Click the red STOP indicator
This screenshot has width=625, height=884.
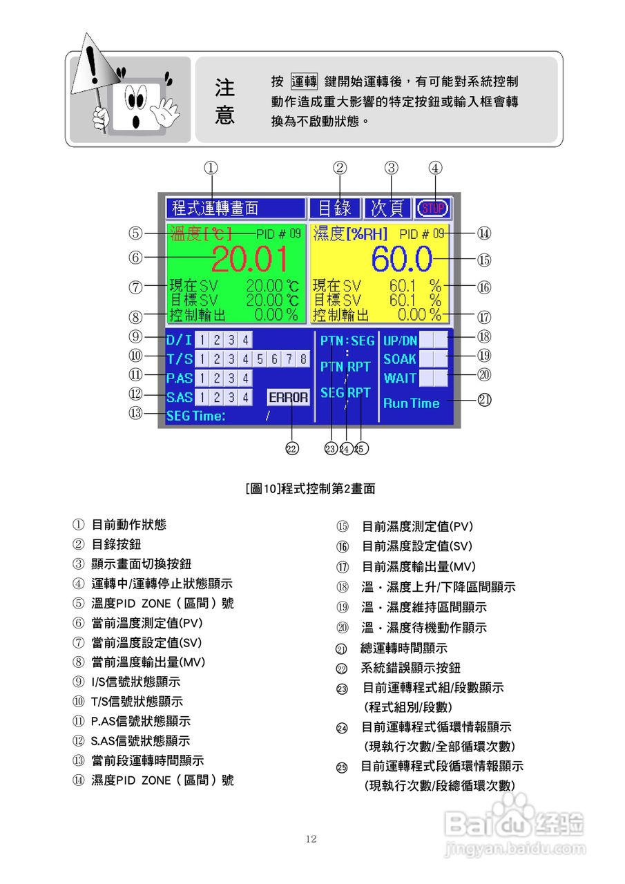(433, 208)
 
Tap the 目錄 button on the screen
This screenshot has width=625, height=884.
(335, 208)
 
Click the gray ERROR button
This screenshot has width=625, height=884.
(289, 397)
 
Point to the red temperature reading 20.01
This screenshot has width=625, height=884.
(249, 259)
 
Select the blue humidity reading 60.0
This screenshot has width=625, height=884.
(401, 259)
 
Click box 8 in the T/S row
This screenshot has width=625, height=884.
(302, 359)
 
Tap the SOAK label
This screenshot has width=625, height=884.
(400, 359)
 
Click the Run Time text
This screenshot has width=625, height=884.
(411, 403)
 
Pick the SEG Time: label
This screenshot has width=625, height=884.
(195, 416)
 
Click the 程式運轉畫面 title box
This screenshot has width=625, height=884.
(235, 208)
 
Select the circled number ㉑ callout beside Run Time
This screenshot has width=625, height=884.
(485, 400)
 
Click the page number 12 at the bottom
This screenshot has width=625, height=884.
(311, 839)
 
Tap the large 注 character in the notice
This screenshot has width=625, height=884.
(224, 88)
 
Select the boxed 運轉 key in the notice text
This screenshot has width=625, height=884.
(304, 81)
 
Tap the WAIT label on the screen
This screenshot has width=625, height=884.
(400, 378)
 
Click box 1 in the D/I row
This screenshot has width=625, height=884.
(201, 340)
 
